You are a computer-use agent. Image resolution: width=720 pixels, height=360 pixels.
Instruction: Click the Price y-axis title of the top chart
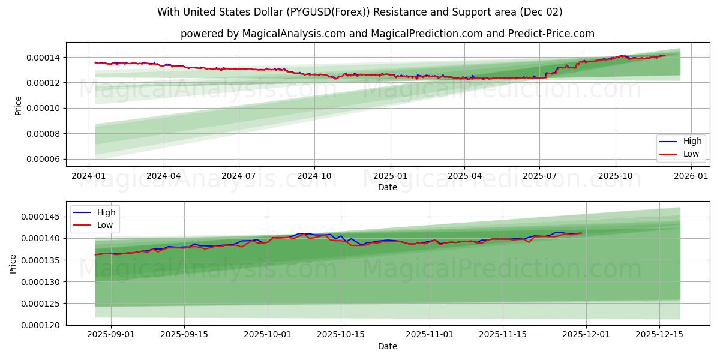pos(18,106)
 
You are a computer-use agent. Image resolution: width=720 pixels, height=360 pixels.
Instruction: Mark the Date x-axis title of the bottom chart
pos(388,346)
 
